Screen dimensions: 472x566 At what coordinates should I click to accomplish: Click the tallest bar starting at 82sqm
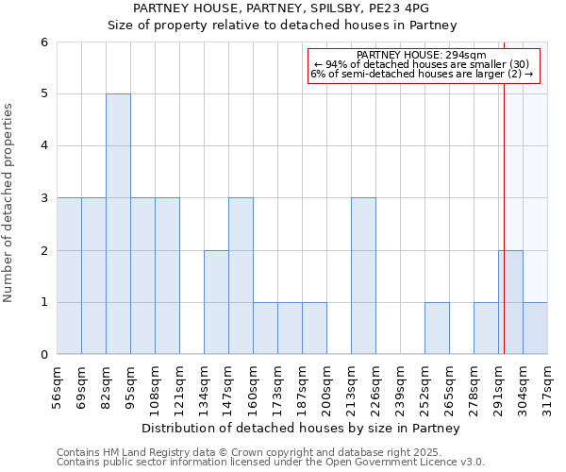[118, 224]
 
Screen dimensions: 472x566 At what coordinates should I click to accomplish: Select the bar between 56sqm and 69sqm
[69, 276]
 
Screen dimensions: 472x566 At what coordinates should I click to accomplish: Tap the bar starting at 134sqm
[216, 302]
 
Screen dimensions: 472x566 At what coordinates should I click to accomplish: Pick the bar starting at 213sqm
[363, 276]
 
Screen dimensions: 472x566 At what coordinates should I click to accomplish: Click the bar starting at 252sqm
[437, 329]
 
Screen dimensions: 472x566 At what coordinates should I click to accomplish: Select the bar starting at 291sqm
[510, 302]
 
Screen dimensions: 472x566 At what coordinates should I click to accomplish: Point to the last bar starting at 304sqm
[535, 329]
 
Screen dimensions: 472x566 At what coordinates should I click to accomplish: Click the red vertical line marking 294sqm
[505, 189]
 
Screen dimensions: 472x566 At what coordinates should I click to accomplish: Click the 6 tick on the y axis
[43, 42]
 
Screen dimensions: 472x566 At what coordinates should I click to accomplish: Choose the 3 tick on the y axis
[43, 198]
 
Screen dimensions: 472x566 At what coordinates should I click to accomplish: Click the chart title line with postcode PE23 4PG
[282, 8]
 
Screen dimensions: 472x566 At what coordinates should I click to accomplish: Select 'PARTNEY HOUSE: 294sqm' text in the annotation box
[422, 55]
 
